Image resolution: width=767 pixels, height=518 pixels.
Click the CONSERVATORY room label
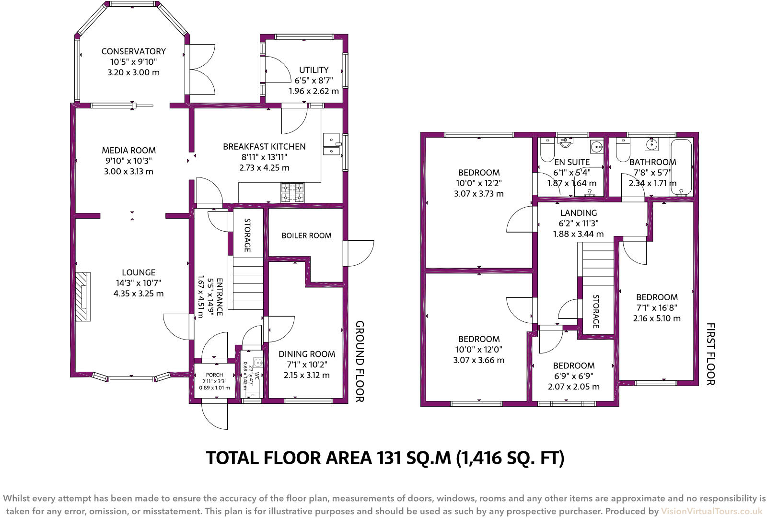[133, 51]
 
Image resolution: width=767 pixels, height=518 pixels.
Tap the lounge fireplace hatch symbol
[83, 296]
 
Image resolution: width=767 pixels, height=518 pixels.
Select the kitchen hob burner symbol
[293, 192]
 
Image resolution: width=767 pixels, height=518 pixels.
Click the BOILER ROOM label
[306, 235]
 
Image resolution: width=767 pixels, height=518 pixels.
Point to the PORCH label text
[214, 375]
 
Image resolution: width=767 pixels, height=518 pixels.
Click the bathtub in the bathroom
[681, 167]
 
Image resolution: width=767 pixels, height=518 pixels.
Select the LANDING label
[579, 212]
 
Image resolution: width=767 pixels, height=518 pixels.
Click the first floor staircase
[595, 263]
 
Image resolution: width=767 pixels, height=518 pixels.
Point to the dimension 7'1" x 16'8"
[657, 307]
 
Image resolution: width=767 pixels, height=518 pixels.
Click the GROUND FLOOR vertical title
[360, 362]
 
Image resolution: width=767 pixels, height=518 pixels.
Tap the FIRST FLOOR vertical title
[710, 353]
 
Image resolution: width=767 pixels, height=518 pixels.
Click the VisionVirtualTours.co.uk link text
[711, 511]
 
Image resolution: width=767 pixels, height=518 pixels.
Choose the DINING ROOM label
[307, 354]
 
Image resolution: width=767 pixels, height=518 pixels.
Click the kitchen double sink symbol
[331, 145]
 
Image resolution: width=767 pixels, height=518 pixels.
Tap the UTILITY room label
[314, 70]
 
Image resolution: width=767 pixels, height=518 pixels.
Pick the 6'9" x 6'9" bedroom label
[573, 376]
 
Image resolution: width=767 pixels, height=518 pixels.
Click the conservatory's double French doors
[202, 71]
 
